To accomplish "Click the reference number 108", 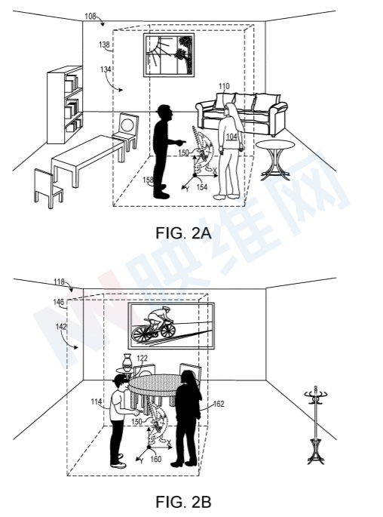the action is [90, 16].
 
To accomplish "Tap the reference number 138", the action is [104, 45].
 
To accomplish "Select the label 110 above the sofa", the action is [224, 86].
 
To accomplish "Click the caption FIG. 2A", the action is [183, 233].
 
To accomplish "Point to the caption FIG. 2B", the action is [183, 502].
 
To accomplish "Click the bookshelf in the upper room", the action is [65, 105].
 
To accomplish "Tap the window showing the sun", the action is [169, 55].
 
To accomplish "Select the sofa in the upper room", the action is [241, 113].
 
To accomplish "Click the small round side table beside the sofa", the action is [275, 159].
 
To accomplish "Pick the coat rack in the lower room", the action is [316, 425].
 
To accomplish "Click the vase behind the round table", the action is [127, 362].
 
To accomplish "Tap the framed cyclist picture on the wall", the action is [171, 325].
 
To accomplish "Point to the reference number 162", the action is [219, 404].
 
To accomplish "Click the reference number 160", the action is [156, 459].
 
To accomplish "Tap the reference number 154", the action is [202, 187].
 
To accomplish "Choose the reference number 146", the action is [59, 302].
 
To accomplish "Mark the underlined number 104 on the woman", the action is [231, 137].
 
